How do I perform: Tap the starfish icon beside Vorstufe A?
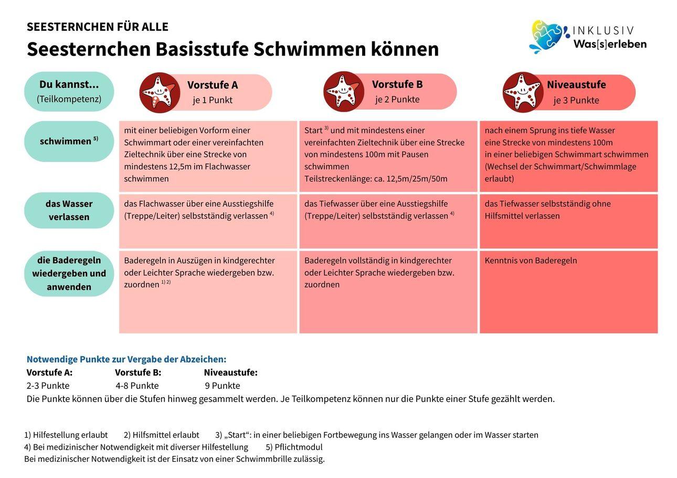(160, 93)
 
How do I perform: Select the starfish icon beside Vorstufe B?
(344, 91)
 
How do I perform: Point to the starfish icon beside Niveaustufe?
(523, 92)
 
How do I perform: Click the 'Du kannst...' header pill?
(69, 91)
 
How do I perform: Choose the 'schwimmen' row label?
(69, 141)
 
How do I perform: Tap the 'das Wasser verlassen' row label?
(69, 210)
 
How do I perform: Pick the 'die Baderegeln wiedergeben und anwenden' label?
(69, 274)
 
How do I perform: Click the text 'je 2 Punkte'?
(397, 100)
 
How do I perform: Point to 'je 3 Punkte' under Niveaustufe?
(576, 100)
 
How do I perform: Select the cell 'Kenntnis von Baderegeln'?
(568, 292)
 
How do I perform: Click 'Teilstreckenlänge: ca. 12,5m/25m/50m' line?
(376, 179)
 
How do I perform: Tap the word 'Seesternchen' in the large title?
(89, 49)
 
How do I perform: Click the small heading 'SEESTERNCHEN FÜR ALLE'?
(97, 27)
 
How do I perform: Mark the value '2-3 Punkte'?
(48, 386)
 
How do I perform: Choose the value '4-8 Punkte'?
(137, 386)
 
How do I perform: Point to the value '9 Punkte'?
(223, 386)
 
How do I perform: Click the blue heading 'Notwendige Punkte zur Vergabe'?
(126, 359)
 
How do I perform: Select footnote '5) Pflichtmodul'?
(294, 447)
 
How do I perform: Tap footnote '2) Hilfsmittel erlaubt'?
(162, 435)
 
